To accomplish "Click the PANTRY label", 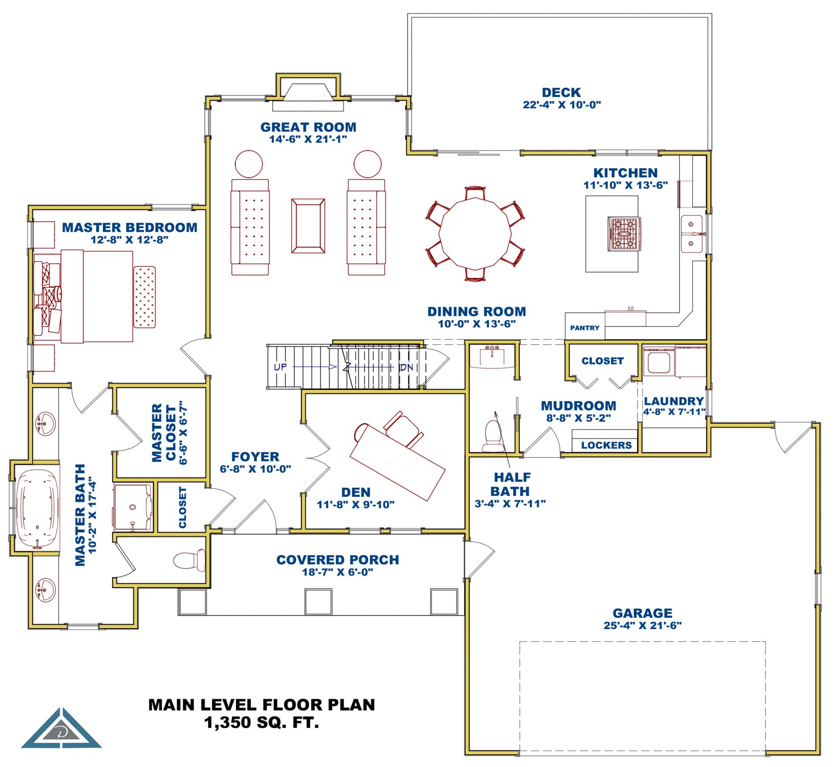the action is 584,328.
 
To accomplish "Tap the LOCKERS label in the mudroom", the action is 606,445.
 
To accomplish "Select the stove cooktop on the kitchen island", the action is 625,234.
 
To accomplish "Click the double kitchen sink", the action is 692,234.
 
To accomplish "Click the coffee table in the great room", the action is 308,226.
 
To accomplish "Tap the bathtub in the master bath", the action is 38,508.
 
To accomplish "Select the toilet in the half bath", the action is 493,436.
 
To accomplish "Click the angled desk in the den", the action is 397,462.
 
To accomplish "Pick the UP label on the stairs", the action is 280,367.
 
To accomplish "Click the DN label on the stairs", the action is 406,367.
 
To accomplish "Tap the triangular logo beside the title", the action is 62,729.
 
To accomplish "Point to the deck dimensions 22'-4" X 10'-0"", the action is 562,105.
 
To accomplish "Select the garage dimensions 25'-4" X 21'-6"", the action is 642,626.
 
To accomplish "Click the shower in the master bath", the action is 133,507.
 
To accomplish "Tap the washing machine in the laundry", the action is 659,362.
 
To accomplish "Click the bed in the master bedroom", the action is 96,296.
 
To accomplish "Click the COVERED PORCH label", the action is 338,560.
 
